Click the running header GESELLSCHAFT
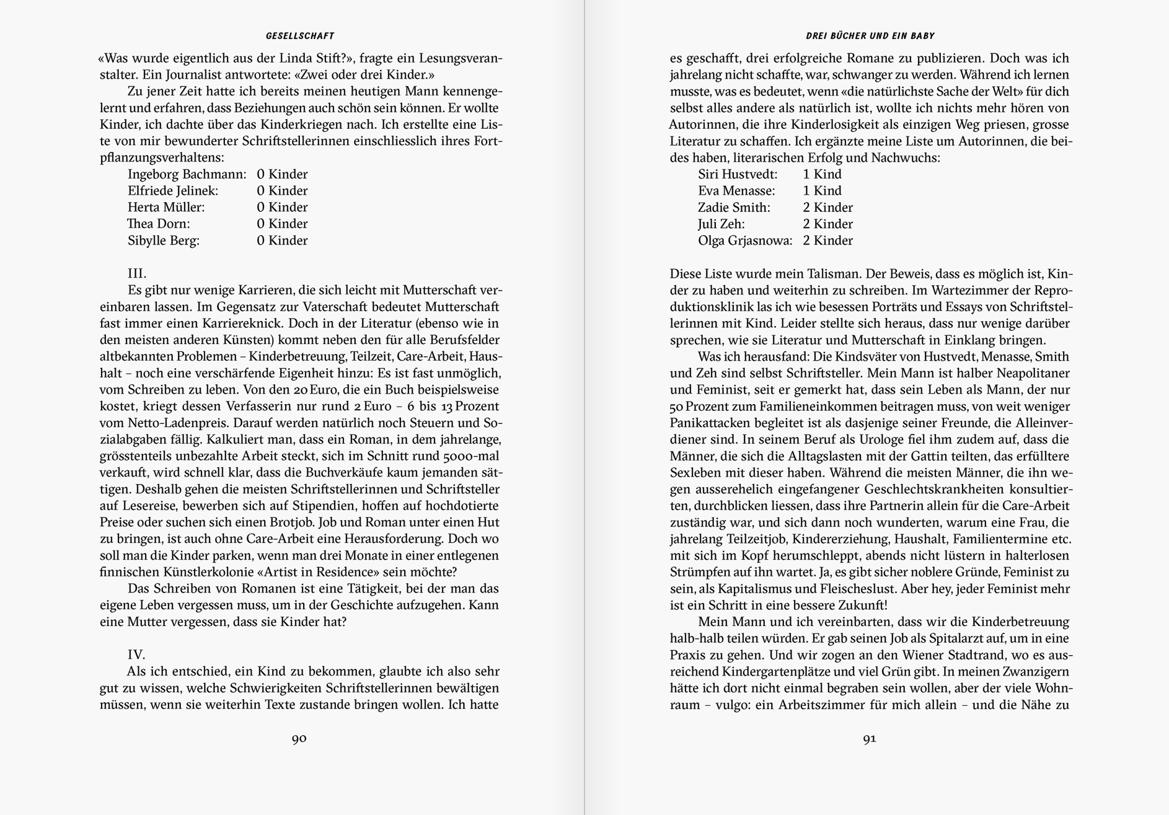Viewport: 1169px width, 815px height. point(300,36)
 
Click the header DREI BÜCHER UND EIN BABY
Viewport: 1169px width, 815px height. point(870,36)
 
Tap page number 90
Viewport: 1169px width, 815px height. point(299,739)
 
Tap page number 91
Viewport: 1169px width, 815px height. point(870,739)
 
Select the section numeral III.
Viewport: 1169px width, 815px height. point(137,273)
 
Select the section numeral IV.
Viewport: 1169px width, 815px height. point(136,655)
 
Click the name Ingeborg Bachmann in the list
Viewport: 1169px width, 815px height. point(187,174)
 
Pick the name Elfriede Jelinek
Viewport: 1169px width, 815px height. point(173,191)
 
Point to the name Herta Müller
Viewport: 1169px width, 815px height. point(166,208)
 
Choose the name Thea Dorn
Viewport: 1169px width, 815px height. point(159,224)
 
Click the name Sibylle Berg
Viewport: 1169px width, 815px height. point(164,241)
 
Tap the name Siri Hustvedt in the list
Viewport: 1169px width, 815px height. point(737,174)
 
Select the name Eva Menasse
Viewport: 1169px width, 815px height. point(736,191)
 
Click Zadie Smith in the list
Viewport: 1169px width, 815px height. point(734,208)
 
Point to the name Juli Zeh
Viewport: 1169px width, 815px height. point(721,224)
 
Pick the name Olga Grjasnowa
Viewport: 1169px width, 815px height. point(745,241)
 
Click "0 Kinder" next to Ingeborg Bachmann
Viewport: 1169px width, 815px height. point(282,174)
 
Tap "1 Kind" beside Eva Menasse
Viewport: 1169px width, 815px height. point(822,191)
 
